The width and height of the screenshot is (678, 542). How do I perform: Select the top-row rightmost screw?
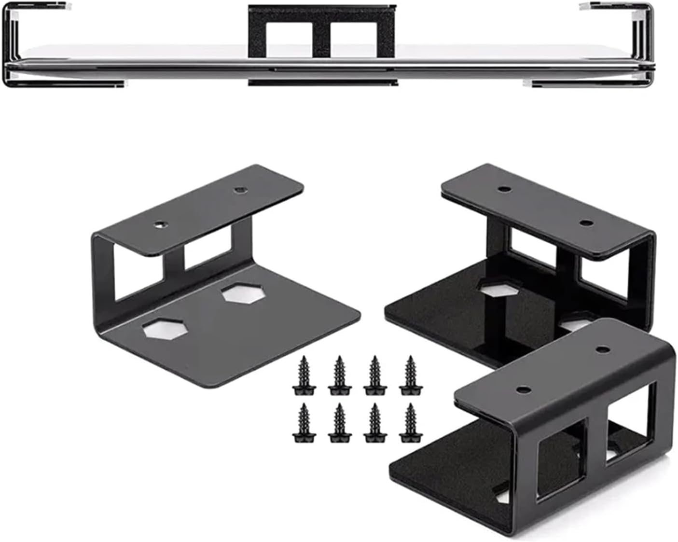[410, 375]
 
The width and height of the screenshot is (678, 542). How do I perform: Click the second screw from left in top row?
[339, 375]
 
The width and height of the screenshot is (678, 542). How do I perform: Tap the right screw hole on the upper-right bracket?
[586, 223]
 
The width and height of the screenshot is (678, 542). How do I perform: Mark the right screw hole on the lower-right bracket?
[601, 348]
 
